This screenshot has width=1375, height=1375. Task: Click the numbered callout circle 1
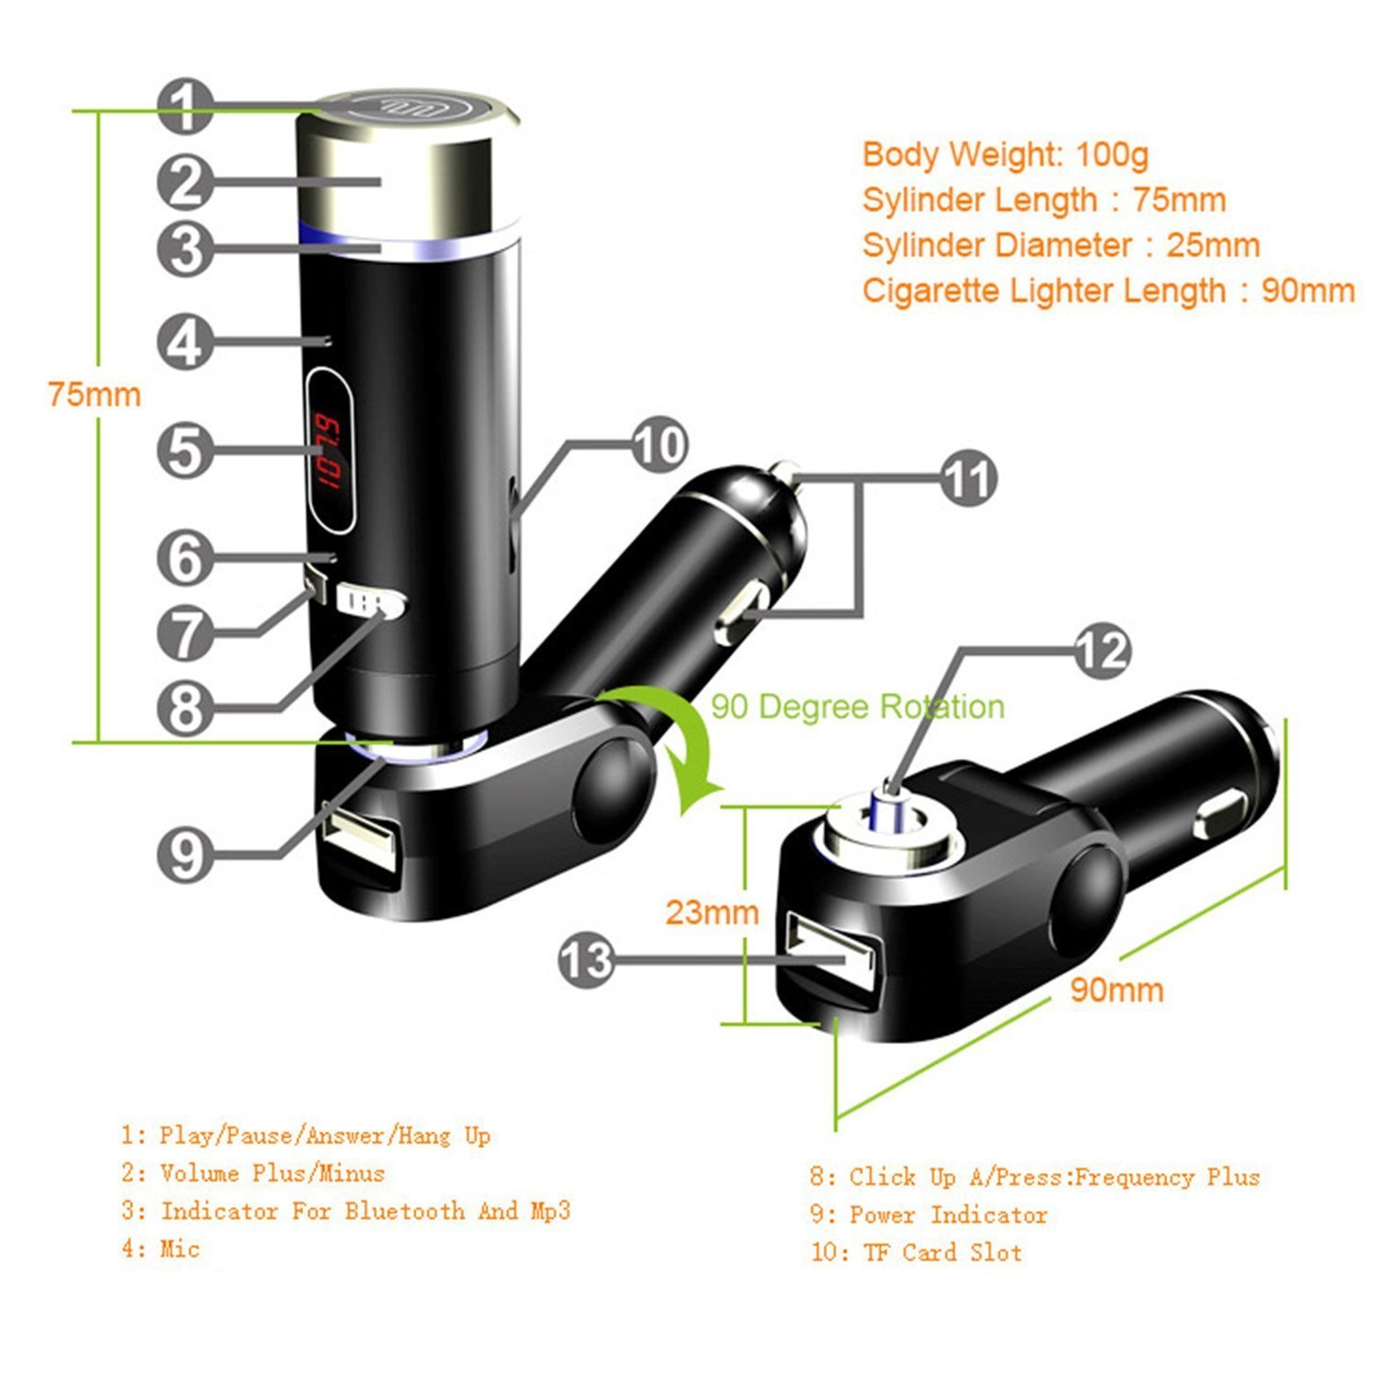pyautogui.click(x=186, y=106)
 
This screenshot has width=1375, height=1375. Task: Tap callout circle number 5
pyautogui.click(x=186, y=450)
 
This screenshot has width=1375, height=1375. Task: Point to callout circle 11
pyautogui.click(x=968, y=478)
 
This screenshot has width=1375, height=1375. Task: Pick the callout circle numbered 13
pyautogui.click(x=586, y=961)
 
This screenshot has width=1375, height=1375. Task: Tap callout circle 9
pyautogui.click(x=186, y=855)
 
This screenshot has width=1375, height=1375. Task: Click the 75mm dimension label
pyautogui.click(x=94, y=395)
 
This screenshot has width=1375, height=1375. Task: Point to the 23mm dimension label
pyautogui.click(x=711, y=912)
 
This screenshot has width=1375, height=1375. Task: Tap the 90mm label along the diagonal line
pyautogui.click(x=1116, y=990)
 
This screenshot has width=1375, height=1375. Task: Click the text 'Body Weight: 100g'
pyautogui.click(x=1005, y=154)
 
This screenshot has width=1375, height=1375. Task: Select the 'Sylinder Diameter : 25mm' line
pyautogui.click(x=1061, y=246)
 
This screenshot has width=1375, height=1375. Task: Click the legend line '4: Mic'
pyautogui.click(x=160, y=1248)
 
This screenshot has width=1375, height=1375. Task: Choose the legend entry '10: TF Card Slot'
pyautogui.click(x=916, y=1252)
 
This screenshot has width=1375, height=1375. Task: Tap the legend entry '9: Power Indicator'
pyautogui.click(x=928, y=1215)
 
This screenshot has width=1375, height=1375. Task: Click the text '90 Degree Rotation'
pyautogui.click(x=857, y=707)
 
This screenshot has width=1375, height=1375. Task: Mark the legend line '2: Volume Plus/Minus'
pyautogui.click(x=253, y=1173)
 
